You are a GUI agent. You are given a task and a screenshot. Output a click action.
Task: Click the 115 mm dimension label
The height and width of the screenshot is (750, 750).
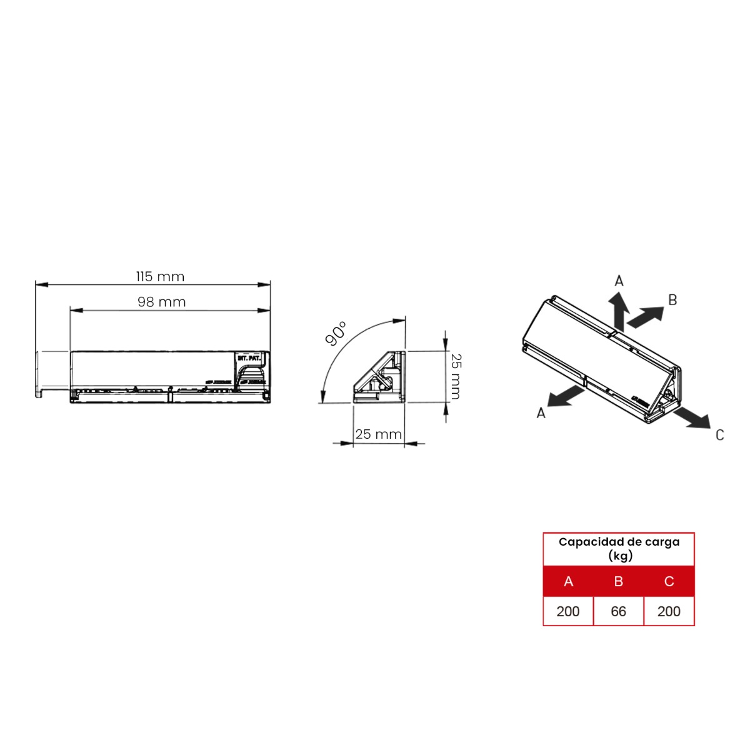[160, 276]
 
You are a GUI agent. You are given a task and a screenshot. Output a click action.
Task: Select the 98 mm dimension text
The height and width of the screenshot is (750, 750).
[162, 302]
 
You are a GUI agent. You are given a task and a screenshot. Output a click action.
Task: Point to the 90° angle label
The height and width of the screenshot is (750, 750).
[336, 334]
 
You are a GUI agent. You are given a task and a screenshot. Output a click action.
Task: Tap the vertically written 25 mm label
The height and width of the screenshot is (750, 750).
[456, 376]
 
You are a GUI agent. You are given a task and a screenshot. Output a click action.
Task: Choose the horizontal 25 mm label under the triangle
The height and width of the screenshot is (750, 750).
[378, 434]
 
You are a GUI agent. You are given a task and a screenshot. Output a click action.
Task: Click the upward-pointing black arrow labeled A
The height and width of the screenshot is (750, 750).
[619, 311]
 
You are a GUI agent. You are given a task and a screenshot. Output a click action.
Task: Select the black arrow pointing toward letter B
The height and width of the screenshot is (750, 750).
[645, 317]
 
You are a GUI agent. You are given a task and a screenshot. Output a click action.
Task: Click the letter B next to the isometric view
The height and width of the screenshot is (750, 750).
[672, 300]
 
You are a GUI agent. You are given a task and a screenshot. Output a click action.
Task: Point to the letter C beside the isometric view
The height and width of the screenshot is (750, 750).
[719, 435]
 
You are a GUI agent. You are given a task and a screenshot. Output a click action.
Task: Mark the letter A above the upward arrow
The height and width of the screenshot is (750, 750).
[619, 281]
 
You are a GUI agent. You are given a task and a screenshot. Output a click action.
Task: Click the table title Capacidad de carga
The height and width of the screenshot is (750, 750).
[619, 542]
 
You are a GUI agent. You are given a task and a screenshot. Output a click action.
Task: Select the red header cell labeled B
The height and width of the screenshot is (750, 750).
[618, 581]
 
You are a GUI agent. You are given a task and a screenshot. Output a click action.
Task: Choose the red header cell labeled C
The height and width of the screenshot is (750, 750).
[669, 581]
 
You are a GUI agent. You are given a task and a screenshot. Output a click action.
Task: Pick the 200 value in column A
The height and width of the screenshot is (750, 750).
[567, 611]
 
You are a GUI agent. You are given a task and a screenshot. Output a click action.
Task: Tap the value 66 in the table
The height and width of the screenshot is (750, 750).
[618, 611]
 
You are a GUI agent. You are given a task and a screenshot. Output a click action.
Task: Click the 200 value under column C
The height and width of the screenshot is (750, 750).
[669, 611]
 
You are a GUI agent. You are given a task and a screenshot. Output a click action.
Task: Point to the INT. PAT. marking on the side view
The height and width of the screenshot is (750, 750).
[249, 359]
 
